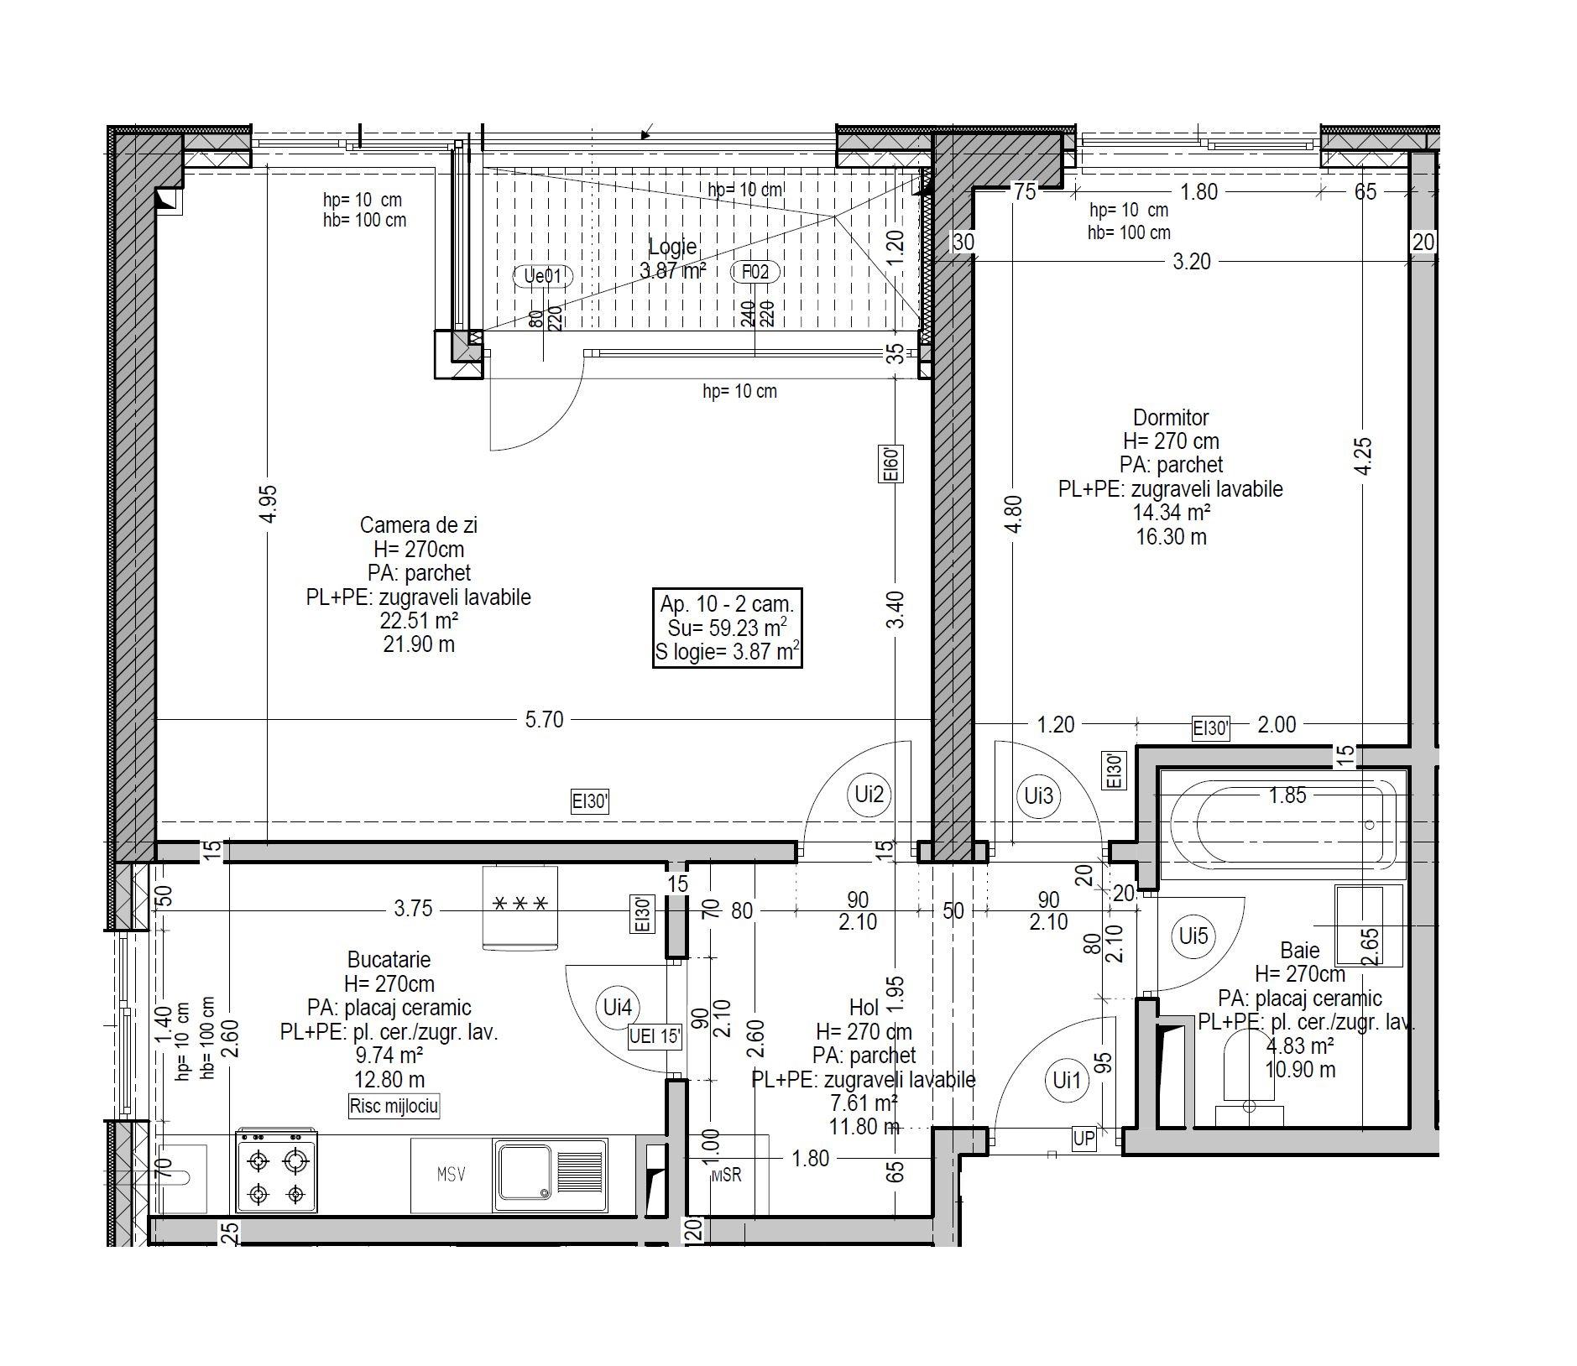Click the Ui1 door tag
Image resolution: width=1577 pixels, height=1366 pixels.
point(1067,1081)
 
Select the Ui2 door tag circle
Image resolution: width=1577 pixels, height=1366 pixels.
point(869,794)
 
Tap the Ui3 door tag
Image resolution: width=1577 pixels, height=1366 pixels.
point(1038,795)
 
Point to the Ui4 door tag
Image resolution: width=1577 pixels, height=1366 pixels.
point(617,1007)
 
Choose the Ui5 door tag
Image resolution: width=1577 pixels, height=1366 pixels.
point(1193,936)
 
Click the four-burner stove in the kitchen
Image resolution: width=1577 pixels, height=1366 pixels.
point(277,1170)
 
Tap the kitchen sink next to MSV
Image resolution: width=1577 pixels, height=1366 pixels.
point(551,1174)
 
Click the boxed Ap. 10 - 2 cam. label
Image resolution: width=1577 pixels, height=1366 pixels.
point(727,628)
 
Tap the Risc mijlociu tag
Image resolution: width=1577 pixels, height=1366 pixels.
point(394,1106)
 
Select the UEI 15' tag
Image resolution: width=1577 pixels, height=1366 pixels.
point(656,1037)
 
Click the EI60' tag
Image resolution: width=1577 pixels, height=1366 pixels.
point(891,464)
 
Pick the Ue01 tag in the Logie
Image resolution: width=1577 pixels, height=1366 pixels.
point(543,276)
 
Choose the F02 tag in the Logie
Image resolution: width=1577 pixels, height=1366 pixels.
point(755,272)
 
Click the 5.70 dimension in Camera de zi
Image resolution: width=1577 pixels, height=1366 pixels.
point(544,720)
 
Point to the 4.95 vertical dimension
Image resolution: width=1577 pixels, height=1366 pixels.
point(269,504)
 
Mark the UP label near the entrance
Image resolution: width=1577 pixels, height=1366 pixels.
point(1084,1139)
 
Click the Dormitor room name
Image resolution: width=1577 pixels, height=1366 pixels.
point(1171,417)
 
